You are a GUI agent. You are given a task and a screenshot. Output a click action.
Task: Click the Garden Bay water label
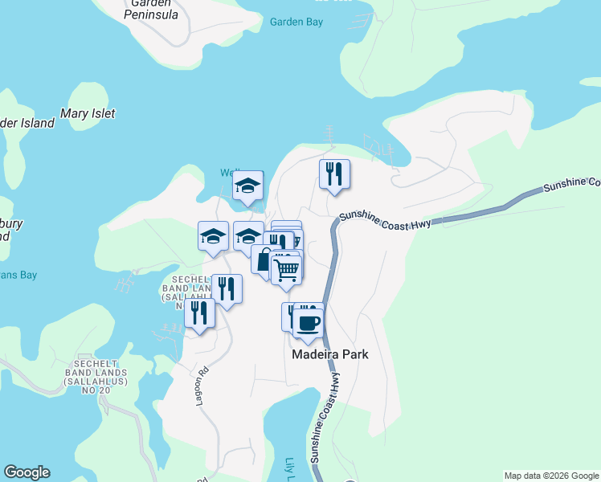296,22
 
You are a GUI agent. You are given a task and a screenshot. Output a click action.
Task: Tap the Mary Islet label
88,114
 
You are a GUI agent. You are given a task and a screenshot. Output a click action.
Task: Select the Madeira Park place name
329,354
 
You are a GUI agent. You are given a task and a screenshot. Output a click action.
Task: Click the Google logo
27,472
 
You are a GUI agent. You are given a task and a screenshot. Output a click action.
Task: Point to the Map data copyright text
552,476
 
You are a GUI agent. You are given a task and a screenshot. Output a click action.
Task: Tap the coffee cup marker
307,322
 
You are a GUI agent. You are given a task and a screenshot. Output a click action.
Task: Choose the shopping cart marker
286,270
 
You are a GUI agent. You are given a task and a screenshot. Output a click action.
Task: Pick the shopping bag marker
264,259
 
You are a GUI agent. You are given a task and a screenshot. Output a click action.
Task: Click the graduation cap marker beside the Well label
248,186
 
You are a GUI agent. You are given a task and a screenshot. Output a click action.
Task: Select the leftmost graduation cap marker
213,236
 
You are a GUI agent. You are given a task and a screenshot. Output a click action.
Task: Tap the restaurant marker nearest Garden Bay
334,174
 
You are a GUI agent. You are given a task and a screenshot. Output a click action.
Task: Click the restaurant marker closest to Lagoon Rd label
199,312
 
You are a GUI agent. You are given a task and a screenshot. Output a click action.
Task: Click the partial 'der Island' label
27,123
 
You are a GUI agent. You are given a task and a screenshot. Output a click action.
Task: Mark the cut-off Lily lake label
290,470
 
